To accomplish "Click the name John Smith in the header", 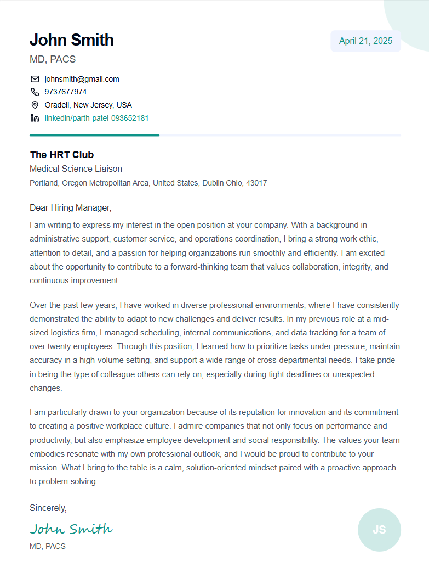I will [72, 40].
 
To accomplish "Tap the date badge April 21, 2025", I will [365, 41].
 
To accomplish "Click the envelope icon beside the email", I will [35, 79].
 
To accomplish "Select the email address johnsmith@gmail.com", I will [82, 79].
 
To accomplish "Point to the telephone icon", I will [35, 92].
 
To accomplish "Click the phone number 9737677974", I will [65, 92].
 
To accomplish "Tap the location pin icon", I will [35, 105].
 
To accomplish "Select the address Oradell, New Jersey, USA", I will [88, 105].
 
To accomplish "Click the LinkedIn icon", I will [35, 118].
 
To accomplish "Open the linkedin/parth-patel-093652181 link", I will [96, 118].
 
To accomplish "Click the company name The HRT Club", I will [61, 155].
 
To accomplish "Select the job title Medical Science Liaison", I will [76, 169].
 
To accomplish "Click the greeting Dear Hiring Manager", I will [70, 208].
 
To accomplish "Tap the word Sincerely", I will [48, 508].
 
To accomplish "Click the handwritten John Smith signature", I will [71, 529].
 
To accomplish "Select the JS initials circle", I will [379, 530].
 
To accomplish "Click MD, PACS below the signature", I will [47, 546].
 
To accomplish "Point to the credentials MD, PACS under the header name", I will [53, 59].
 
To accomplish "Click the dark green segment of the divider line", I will [94, 135].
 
